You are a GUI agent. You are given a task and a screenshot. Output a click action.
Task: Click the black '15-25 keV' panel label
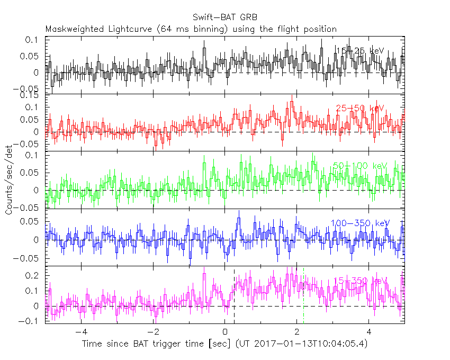[359, 51]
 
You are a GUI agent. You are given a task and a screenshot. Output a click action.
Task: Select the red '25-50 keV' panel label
[359, 109]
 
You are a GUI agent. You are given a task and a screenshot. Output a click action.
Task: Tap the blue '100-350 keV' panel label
[359, 223]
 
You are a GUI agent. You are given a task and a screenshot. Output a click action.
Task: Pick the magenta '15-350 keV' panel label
[359, 281]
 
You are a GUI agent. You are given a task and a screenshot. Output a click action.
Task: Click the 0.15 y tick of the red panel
[30, 95]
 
